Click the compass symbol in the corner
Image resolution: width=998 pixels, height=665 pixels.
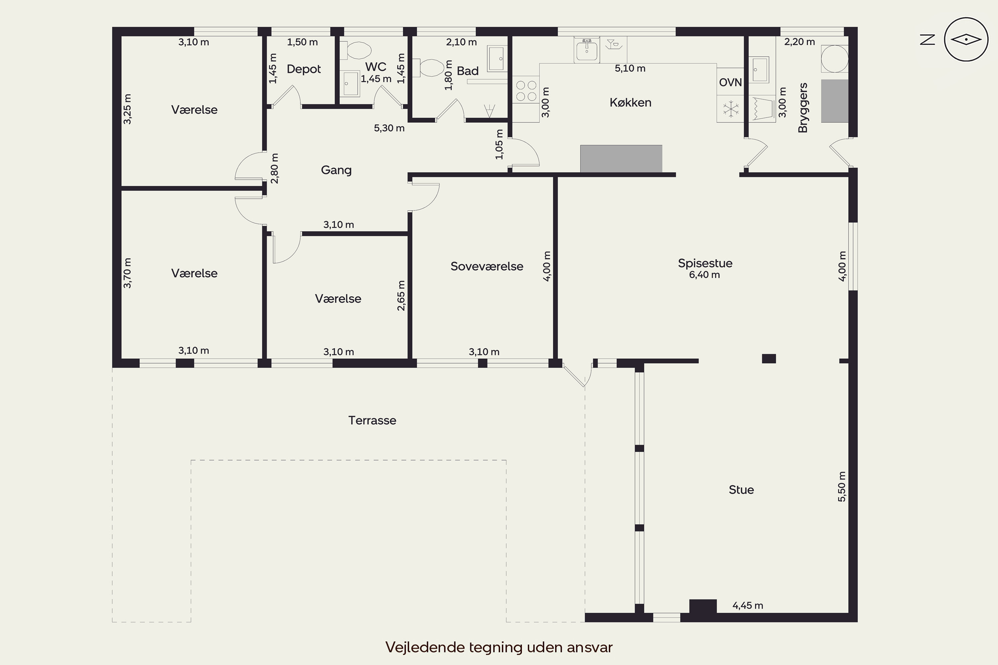(966, 40)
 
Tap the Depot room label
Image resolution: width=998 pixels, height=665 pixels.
(304, 69)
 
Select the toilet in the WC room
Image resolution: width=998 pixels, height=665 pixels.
(356, 51)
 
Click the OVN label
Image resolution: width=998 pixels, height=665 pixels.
(730, 82)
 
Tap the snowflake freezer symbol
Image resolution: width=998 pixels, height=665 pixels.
(731, 109)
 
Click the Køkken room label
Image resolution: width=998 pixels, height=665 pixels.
(630, 103)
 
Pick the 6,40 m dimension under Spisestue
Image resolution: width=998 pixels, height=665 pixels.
(704, 275)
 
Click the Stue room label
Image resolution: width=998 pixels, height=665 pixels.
(741, 490)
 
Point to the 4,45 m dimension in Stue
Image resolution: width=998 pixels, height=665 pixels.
(748, 605)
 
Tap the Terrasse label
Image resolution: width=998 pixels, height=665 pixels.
(372, 420)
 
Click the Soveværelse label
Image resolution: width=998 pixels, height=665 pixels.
(487, 266)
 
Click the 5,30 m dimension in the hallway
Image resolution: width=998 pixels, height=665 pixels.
(389, 128)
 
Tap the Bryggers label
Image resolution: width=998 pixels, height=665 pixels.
(802, 108)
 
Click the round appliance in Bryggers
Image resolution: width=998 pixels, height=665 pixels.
(835, 59)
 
